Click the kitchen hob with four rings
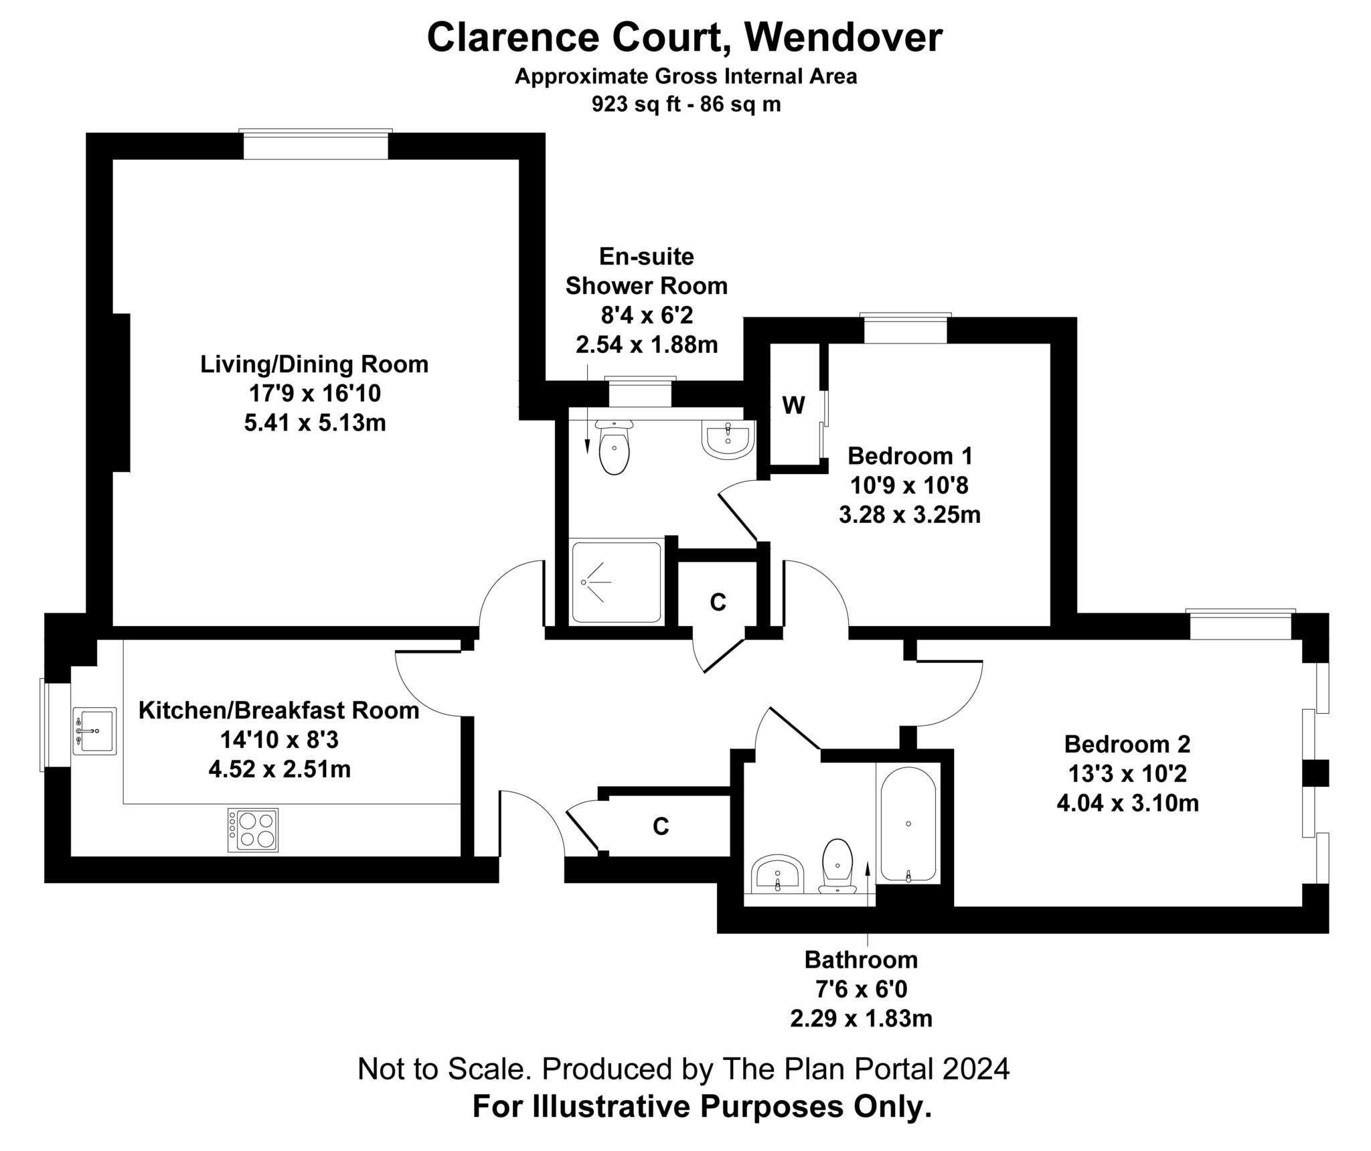point(252,830)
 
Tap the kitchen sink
point(94,731)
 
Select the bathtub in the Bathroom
point(908,824)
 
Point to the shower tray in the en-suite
point(617,582)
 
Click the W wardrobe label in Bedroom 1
point(793,405)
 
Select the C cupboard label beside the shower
point(718,603)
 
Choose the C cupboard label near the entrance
point(661,827)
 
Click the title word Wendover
point(845,37)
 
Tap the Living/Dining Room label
point(315,364)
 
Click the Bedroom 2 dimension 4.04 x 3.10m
point(1127,802)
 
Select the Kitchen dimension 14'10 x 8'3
point(280,740)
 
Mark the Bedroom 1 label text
point(910,456)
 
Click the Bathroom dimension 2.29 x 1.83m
point(861,1019)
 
